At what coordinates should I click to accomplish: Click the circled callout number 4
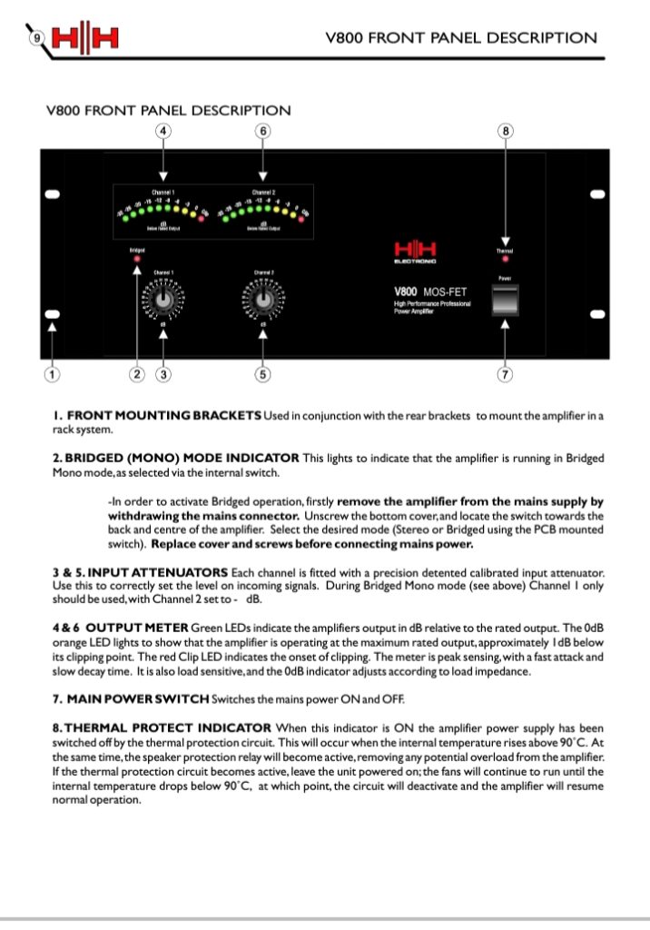coord(163,132)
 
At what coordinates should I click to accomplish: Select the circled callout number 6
coord(262,132)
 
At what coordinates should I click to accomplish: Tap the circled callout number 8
coord(505,132)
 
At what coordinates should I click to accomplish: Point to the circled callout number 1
coord(53,373)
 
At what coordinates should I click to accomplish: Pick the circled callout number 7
coord(505,373)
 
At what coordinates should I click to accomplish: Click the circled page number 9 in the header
coord(35,37)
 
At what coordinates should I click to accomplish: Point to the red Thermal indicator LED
coord(505,259)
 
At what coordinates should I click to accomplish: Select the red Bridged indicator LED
coord(137,260)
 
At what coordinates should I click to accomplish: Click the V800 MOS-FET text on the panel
coord(427,292)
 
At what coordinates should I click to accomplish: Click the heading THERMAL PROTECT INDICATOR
coord(168,727)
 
